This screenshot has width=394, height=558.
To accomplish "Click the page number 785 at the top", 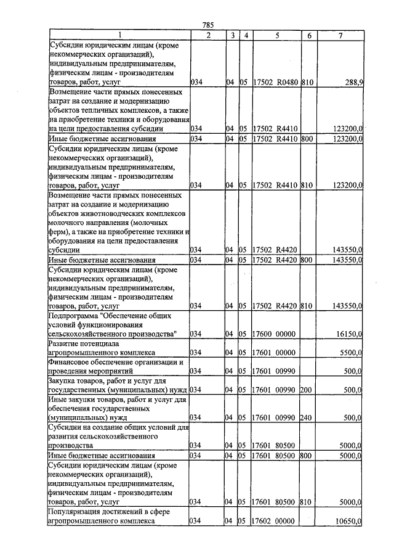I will click(207, 25).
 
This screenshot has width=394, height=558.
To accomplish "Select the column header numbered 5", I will click(278, 35).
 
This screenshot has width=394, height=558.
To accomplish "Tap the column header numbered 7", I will click(340, 35).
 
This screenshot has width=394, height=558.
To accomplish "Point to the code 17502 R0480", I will click(275, 81).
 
